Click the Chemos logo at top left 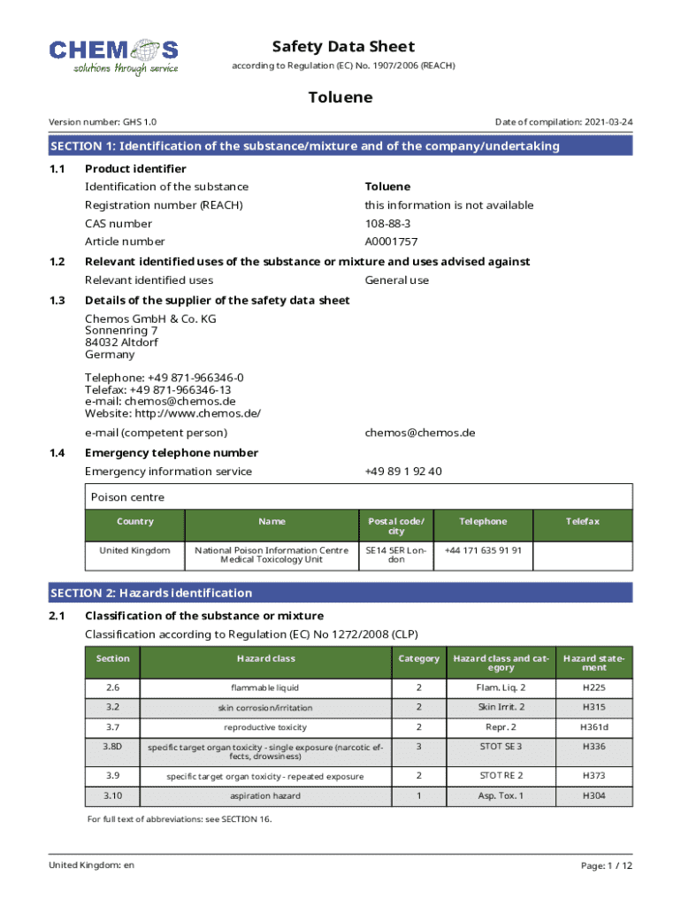click(113, 56)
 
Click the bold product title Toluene click(340, 97)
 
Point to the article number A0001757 click(392, 242)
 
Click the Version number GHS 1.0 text click(103, 122)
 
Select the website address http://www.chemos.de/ click(172, 413)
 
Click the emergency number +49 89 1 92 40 click(403, 472)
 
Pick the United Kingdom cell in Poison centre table click(134, 550)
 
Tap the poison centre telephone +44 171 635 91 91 click(483, 550)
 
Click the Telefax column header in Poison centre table click(583, 522)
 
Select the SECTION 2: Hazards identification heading click(151, 593)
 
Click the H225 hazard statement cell click(594, 687)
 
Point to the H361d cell click(594, 727)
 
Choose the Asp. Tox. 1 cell click(501, 796)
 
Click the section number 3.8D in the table click(112, 748)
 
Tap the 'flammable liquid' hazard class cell click(265, 687)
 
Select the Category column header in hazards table click(419, 659)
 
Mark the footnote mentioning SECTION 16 click(180, 819)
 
